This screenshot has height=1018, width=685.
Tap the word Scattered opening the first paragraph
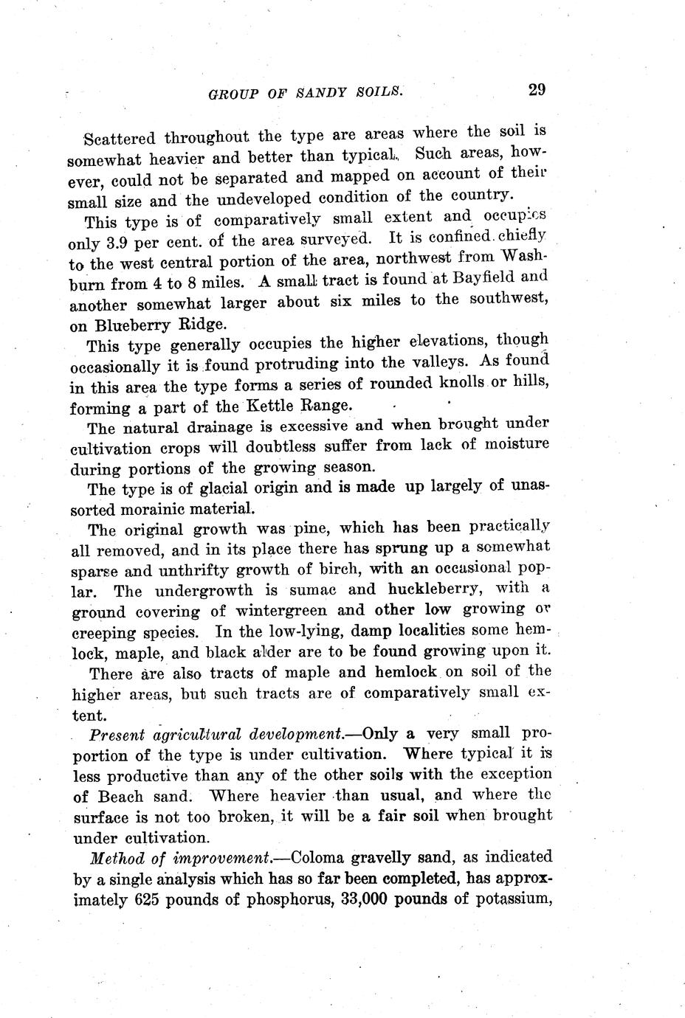click(120, 138)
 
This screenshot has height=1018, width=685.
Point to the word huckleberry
click(423, 589)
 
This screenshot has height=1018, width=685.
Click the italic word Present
click(117, 735)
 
